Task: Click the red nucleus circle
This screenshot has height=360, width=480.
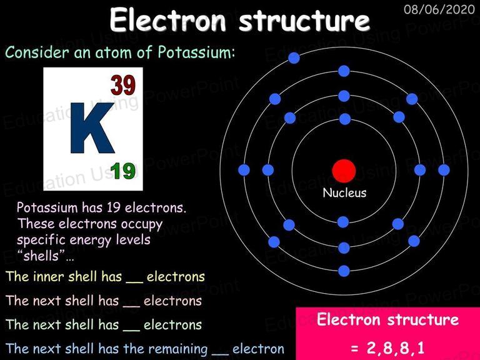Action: tap(344, 171)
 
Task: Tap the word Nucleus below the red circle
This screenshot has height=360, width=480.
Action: tap(344, 193)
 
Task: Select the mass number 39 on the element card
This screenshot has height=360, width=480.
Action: tap(122, 85)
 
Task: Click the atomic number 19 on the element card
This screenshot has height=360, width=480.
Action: tap(122, 171)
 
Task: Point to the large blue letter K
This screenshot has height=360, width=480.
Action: tap(92, 128)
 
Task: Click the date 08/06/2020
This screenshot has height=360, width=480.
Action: tap(439, 9)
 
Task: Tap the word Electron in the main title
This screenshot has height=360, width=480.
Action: tap(167, 20)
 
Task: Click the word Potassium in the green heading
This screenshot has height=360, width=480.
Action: tap(196, 52)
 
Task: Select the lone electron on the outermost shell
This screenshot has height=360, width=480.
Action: tap(294, 58)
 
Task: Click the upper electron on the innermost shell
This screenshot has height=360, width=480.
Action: tap(345, 119)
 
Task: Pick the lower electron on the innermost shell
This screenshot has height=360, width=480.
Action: tap(343, 222)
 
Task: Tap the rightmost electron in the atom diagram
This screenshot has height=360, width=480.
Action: tap(444, 170)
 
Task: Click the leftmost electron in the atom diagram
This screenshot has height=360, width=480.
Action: tap(244, 170)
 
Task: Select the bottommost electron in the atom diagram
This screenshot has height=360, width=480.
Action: tap(344, 271)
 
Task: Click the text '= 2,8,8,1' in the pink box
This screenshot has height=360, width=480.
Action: tap(388, 347)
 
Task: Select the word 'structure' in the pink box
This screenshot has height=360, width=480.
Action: tap(423, 319)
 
